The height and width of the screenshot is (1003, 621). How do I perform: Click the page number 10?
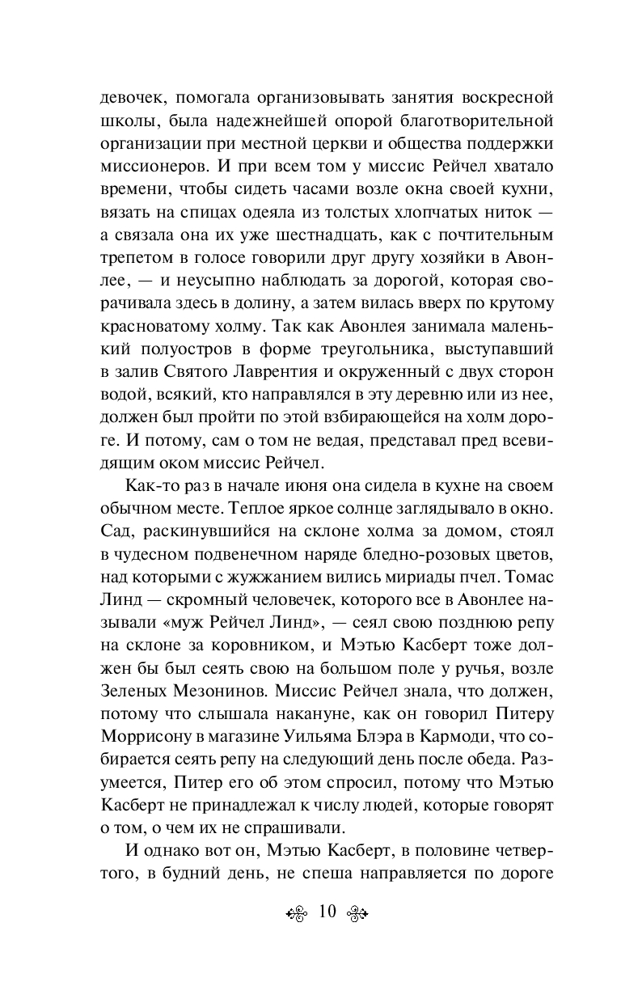tap(327, 912)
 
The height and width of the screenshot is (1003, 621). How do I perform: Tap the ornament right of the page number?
tap(357, 913)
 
